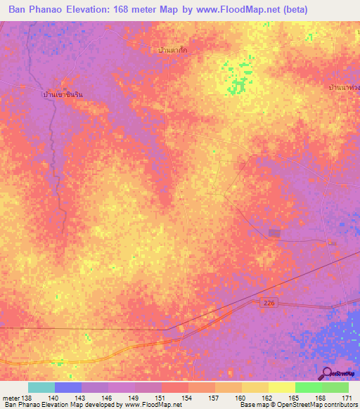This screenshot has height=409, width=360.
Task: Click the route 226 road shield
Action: [267, 302]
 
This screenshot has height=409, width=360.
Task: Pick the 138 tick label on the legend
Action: [27, 398]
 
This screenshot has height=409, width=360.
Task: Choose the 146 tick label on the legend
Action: [108, 398]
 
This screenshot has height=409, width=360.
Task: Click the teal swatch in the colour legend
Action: [41, 387]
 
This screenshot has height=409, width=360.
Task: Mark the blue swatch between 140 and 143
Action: [68, 387]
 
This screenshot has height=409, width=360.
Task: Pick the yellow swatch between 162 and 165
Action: [281, 387]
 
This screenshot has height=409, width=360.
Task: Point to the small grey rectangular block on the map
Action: [274, 233]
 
